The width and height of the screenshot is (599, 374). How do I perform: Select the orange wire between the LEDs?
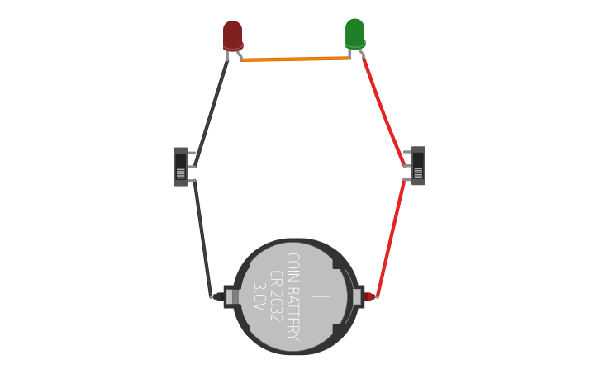295,59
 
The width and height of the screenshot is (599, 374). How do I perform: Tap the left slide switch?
180,166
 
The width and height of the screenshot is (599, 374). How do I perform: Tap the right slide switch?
418,166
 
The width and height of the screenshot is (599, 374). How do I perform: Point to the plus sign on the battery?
321,297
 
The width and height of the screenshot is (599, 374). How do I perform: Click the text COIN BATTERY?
292,296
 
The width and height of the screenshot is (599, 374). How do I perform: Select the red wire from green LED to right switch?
383,111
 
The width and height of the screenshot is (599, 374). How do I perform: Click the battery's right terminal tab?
358,296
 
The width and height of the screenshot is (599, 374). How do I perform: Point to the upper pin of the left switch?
192,154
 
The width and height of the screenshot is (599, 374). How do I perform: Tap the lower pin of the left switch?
192,180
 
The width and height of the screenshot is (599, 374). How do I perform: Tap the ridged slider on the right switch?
418,173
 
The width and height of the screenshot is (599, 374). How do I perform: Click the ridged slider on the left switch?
180,173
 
